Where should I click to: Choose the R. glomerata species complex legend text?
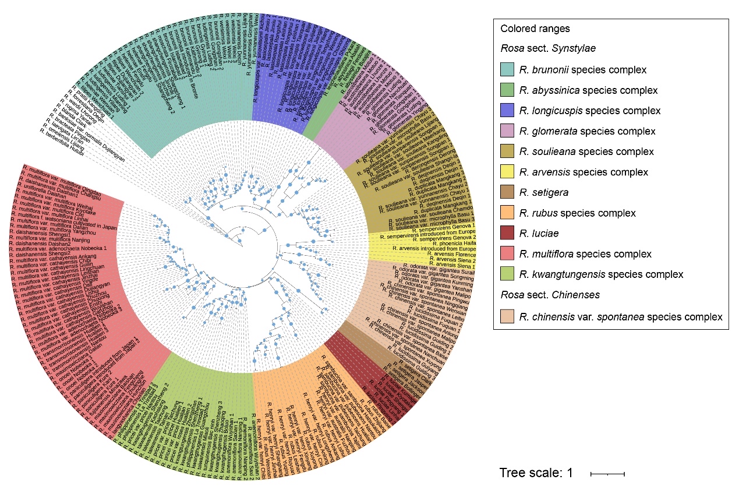(x=588, y=131)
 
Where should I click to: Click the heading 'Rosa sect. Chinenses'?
(x=550, y=295)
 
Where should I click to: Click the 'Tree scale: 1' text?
(x=536, y=473)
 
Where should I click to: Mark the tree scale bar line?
(x=607, y=474)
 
